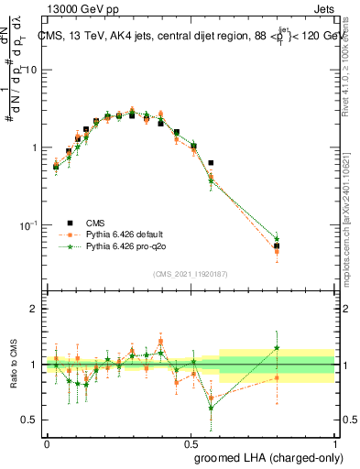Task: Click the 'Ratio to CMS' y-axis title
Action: coord(12,365)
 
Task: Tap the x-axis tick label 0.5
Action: coord(191,442)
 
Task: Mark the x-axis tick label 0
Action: coord(47,442)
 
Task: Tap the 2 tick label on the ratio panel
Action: coord(34,310)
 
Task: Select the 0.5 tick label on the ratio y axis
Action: coord(30,420)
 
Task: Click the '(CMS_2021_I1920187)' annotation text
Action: coord(191,272)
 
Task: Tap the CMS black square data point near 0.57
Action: coord(211,163)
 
